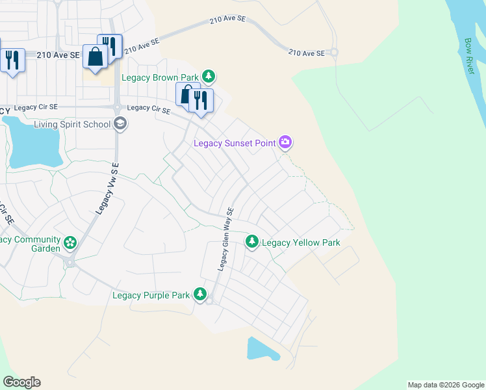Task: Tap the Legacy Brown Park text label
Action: pos(160,78)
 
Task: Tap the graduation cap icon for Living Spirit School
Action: pos(120,123)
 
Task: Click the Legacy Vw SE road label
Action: pos(107,189)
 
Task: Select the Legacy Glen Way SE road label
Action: pos(225,239)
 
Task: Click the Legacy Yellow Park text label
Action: pos(300,242)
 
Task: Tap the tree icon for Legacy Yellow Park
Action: pos(252,242)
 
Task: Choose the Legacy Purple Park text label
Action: pos(151,295)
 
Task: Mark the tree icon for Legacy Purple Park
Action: pos(201,295)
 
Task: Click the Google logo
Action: pos(21,382)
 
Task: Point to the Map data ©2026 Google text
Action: pos(446,385)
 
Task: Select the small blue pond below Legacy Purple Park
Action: pos(261,350)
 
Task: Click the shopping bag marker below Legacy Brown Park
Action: pos(187,95)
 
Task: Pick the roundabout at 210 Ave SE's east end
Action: pos(334,53)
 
